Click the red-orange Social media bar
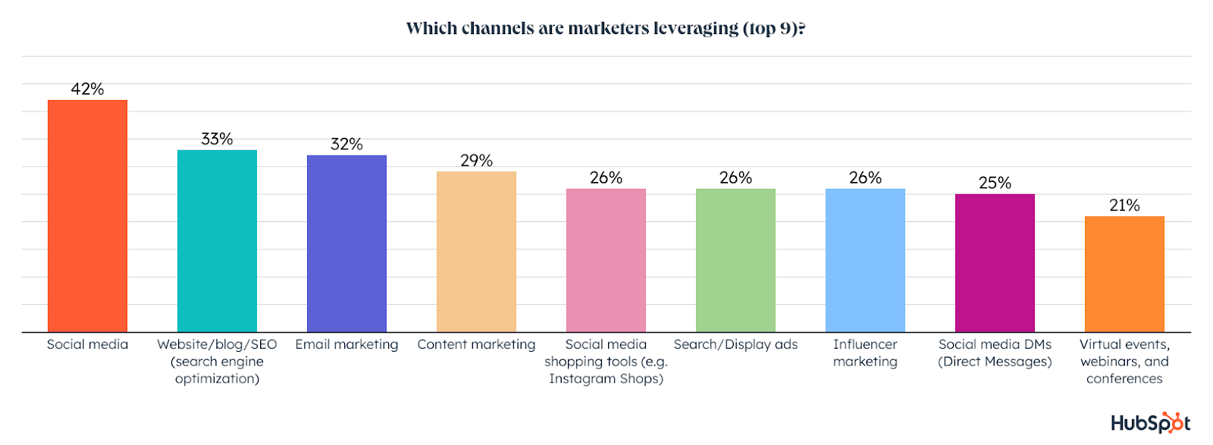pos(87,216)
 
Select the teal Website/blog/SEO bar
pos(217,241)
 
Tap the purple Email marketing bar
pos(346,243)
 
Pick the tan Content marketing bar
pos(476,252)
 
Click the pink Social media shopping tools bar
pos(606,260)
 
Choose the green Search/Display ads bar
pos(735,260)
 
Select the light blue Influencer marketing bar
pos(865,260)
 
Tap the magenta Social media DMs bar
pos(995,263)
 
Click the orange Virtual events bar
pos(1124,274)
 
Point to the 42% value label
pos(87,89)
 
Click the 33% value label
pos(217,139)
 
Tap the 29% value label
pos(476,161)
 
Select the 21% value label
pos(1124,205)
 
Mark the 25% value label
pos(995,183)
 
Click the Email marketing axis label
pos(346,344)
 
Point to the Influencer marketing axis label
pos(865,353)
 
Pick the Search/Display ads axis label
pos(735,344)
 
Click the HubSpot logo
pos(1150,423)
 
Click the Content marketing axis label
pos(476,344)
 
